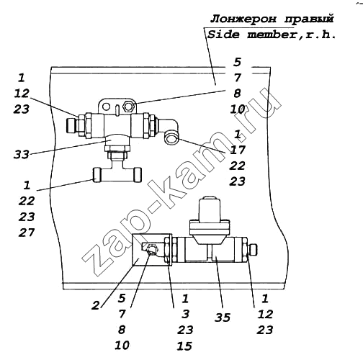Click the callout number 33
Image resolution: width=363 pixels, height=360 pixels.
pyautogui.click(x=21, y=154)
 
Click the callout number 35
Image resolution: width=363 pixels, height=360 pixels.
pyautogui.click(x=223, y=318)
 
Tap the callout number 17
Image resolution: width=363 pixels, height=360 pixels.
pyautogui.click(x=238, y=150)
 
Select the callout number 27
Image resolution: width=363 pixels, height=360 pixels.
pyautogui.click(x=27, y=233)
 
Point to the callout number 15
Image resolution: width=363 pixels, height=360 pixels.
pyautogui.click(x=184, y=346)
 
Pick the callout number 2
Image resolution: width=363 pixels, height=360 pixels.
pyautogui.click(x=95, y=305)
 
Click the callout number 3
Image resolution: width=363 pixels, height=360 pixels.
pyautogui.click(x=185, y=314)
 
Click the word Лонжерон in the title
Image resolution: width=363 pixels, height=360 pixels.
pyautogui.click(x=243, y=19)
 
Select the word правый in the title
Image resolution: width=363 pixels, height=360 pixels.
pyautogui.click(x=309, y=19)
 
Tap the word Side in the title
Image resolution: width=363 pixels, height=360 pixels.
pyautogui.click(x=223, y=35)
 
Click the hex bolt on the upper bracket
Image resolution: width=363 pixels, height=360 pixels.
pyautogui.click(x=128, y=106)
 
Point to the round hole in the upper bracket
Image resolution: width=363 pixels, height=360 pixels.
pyautogui.click(x=107, y=107)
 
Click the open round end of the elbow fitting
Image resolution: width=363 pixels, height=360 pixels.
pyautogui.click(x=171, y=138)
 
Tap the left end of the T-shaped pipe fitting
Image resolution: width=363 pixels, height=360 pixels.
pyautogui.click(x=97, y=174)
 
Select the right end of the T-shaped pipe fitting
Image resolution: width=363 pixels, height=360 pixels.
pyautogui.click(x=138, y=174)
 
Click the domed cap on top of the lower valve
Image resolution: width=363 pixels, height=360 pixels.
pyautogui.click(x=210, y=207)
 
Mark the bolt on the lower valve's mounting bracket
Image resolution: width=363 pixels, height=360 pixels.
pyautogui.click(x=152, y=250)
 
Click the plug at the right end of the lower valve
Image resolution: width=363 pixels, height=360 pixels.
pyautogui.click(x=253, y=250)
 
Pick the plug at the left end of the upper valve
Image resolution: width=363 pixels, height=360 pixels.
pyautogui.click(x=71, y=125)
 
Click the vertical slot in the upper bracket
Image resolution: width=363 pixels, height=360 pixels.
pyautogui.click(x=117, y=109)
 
